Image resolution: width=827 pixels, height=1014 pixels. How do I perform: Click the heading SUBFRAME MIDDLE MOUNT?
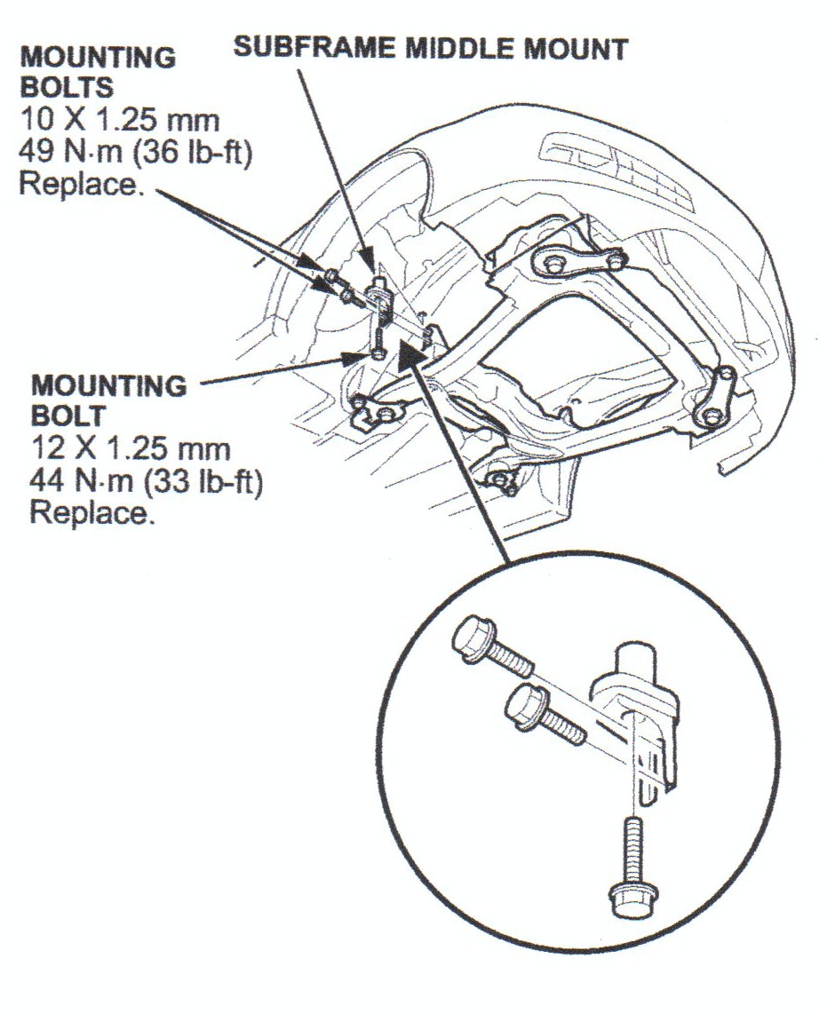[x=430, y=48]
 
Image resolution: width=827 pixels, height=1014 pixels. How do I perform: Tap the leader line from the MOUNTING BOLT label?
[x=275, y=371]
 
